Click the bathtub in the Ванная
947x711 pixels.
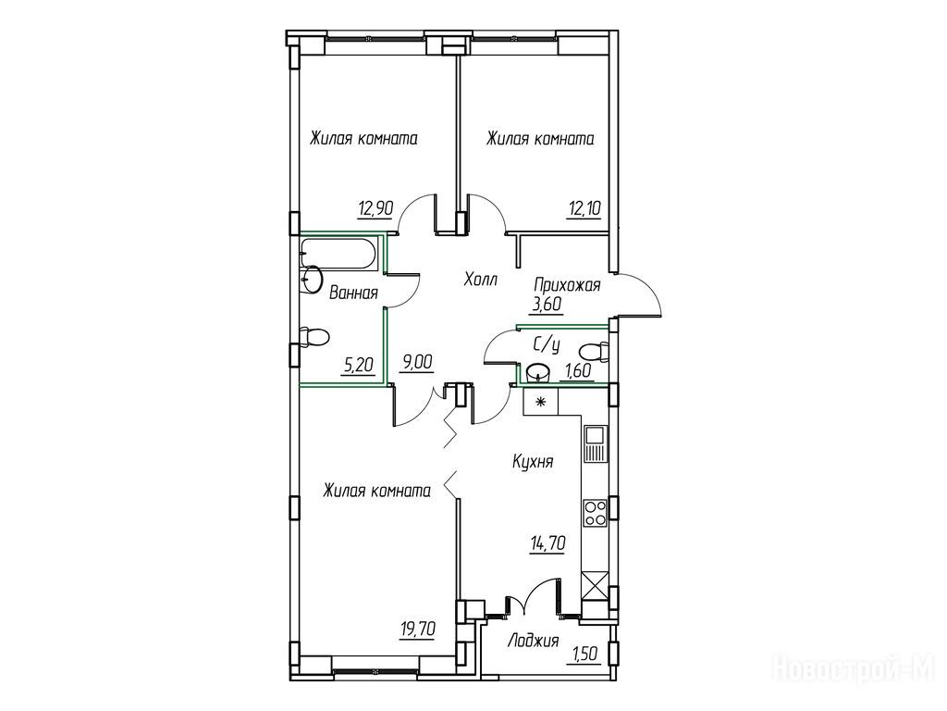(339, 254)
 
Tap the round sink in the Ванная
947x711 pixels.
(313, 280)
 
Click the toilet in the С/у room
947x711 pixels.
(594, 351)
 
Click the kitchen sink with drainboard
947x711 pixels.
(596, 443)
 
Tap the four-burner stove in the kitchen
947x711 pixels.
(596, 513)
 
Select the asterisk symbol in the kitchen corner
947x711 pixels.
(540, 401)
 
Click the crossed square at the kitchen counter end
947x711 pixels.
(595, 585)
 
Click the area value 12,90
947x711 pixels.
(375, 208)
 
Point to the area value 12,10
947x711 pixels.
(584, 208)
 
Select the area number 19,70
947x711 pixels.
(417, 630)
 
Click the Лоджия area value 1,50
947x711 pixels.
(584, 655)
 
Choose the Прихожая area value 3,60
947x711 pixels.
(547, 304)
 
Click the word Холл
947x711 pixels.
(481, 280)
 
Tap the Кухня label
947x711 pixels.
(533, 462)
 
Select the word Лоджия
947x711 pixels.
(534, 641)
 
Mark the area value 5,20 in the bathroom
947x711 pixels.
(358, 365)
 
